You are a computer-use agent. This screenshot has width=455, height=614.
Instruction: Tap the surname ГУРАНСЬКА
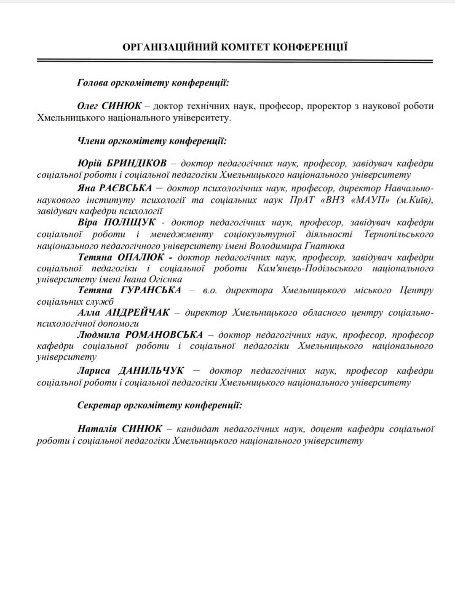(151, 290)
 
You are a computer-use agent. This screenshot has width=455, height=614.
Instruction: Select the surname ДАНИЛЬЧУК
(151, 371)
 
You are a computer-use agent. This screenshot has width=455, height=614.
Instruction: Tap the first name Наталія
(96, 429)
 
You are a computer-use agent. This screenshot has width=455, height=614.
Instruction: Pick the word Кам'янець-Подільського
(309, 268)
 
